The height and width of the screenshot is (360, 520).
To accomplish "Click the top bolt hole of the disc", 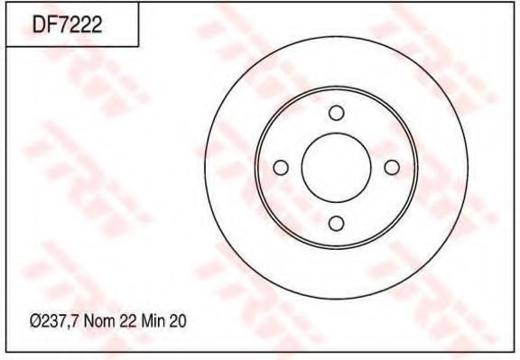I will (x=336, y=113).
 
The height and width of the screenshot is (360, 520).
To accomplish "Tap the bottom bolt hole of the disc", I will (x=336, y=223).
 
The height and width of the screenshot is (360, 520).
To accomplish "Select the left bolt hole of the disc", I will (x=281, y=168).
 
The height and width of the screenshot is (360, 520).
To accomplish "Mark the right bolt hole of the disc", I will (x=391, y=168).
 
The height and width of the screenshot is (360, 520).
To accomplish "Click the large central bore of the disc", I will (x=336, y=168).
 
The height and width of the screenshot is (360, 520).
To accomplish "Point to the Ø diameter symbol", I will (x=35, y=320).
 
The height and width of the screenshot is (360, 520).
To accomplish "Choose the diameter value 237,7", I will (x=58, y=320).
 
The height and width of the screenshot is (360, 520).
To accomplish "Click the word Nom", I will (x=99, y=320).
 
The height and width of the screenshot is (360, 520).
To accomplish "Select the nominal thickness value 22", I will (x=128, y=320).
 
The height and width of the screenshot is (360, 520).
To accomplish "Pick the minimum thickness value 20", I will (x=178, y=320).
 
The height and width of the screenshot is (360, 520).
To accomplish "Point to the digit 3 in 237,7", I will (x=52, y=320).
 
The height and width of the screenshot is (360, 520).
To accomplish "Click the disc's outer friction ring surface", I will (x=442, y=168).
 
